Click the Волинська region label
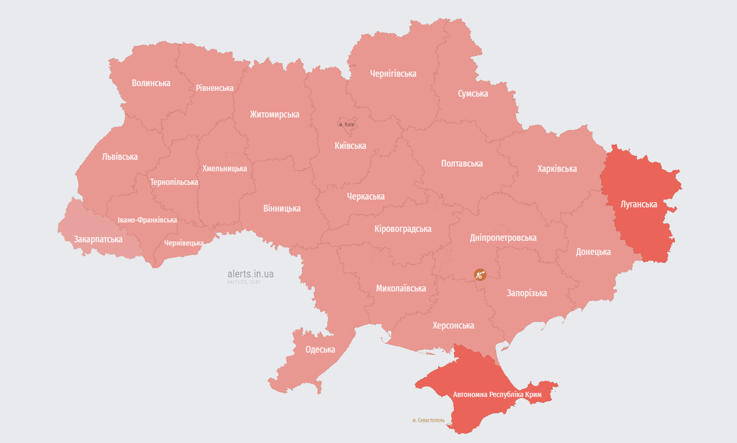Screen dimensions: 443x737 [151, 83]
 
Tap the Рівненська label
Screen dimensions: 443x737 [215, 88]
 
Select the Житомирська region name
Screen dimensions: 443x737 [274, 114]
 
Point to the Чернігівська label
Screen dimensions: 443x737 [393, 74]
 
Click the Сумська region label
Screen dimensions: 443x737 [473, 94]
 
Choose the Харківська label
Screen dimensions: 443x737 [557, 169]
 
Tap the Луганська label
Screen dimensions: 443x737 [638, 204]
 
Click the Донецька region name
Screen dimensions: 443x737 [593, 252]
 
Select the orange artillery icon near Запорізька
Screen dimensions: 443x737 [480, 274]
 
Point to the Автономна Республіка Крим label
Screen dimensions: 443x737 [497, 394]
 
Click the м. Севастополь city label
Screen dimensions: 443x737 [428, 420]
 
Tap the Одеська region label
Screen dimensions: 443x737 [320, 349]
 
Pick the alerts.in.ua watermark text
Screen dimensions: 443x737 [250, 274]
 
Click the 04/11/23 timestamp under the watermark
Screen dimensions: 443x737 [243, 282]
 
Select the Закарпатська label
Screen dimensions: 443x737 [98, 239]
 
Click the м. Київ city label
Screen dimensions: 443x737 [346, 124]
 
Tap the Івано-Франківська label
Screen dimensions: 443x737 [147, 220]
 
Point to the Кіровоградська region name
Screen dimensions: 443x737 [403, 229]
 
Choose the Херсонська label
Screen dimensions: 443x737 [453, 325]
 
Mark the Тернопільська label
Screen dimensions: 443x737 [174, 182]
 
